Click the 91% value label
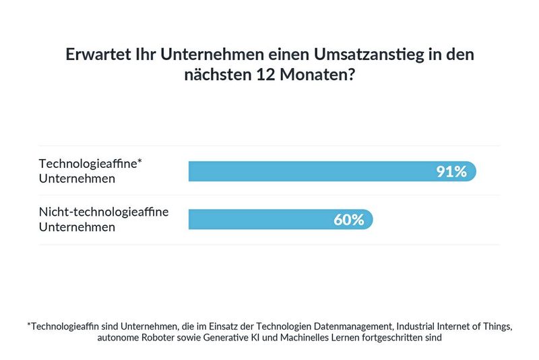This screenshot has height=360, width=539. pyautogui.click(x=451, y=171)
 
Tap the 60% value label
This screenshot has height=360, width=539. pyautogui.click(x=348, y=220)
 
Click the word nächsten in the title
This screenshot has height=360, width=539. pyautogui.click(x=213, y=76)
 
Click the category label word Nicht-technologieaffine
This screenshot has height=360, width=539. pyautogui.click(x=104, y=212)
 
